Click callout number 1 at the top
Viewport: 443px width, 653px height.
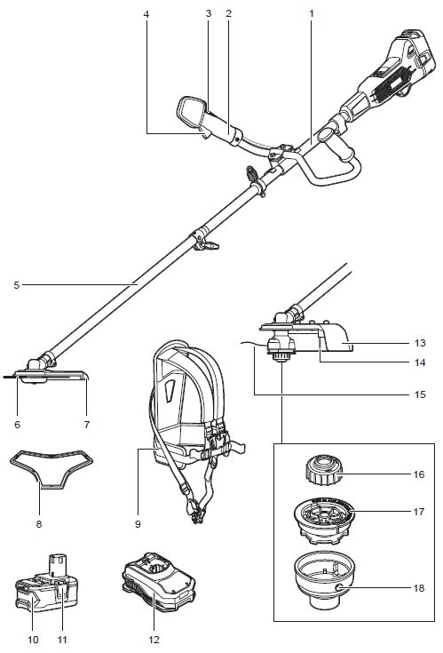coord(311,13)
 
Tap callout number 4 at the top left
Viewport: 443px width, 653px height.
coord(146,14)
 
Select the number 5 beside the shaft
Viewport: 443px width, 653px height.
coord(16,285)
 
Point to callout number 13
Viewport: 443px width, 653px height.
coord(420,343)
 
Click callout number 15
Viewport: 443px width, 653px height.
coord(420,394)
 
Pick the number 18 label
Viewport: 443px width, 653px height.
coord(419,588)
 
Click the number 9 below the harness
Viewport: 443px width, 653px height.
coord(138,524)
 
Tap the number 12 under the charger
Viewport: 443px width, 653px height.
coord(154,640)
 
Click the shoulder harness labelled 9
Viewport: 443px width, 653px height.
coord(195,429)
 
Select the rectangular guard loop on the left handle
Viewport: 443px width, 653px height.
coord(191,112)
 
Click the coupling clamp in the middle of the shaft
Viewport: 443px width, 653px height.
coord(204,240)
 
